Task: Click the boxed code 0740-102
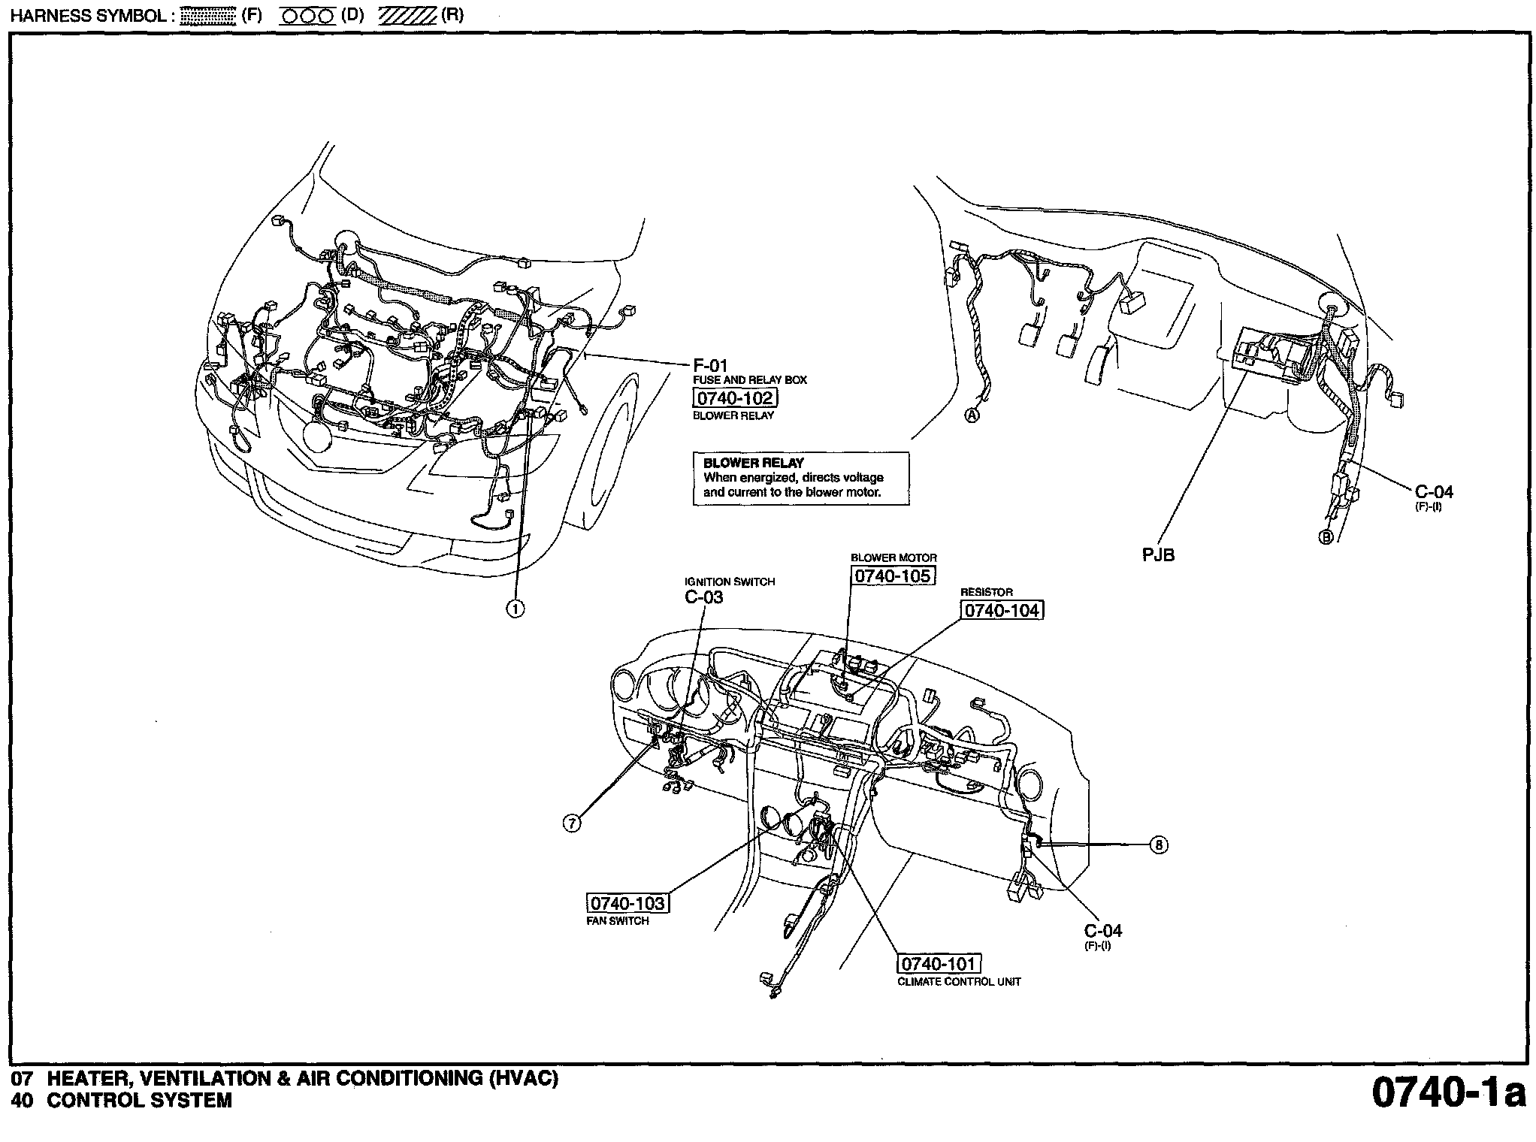tap(734, 398)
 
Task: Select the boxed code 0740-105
tap(893, 576)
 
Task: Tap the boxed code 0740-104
tap(1002, 610)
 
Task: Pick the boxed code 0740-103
tap(627, 903)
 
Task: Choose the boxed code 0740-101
tap(939, 964)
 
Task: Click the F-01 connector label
tap(710, 366)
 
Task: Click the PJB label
tap(1158, 555)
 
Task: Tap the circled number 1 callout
tap(516, 609)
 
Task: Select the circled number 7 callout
tap(573, 823)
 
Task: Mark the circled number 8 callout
tap(1160, 845)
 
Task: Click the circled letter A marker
tap(972, 415)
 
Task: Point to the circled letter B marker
tap(1326, 537)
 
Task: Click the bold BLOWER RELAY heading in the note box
tap(754, 463)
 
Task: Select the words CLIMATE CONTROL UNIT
tap(960, 981)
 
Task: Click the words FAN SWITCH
tap(618, 920)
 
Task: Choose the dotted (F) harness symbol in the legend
tap(208, 17)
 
